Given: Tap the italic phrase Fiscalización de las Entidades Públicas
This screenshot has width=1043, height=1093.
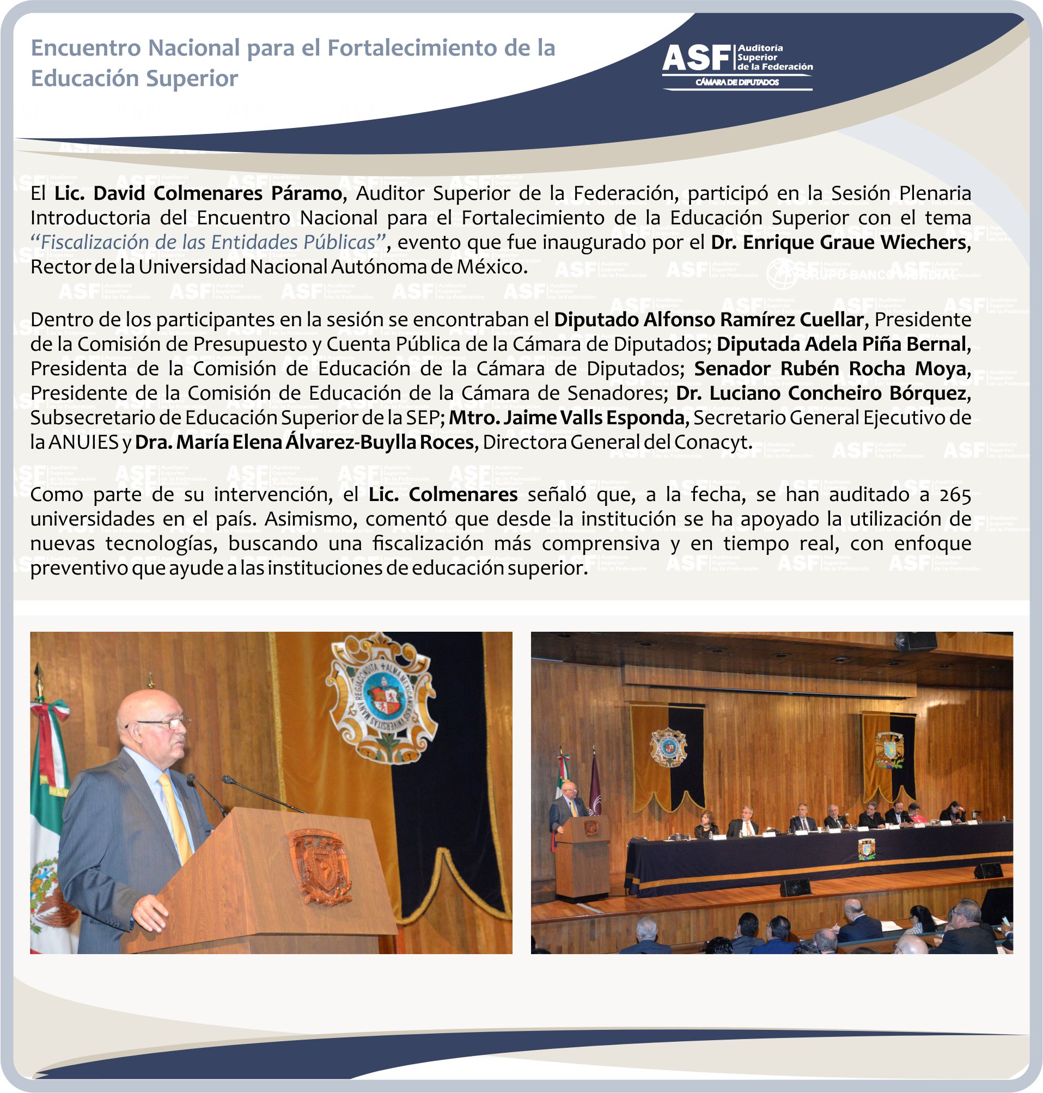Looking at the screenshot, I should click(x=208, y=242).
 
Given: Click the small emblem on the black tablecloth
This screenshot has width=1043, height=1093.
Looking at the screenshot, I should click(x=866, y=849).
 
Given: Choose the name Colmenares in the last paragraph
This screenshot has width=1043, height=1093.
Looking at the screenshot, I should click(x=463, y=494).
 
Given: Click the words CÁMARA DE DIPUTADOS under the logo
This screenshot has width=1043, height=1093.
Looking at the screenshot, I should click(x=737, y=82).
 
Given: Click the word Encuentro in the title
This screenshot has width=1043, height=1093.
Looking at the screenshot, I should click(x=86, y=48).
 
